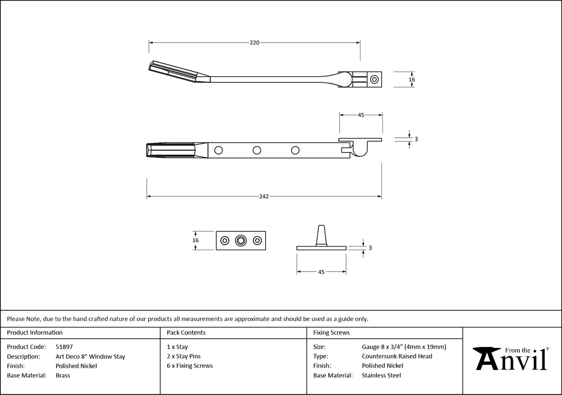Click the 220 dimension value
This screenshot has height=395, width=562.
[254, 43]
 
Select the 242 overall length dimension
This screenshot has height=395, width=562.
[263, 197]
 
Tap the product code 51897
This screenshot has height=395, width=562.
[64, 346]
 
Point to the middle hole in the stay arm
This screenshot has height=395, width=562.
[256, 150]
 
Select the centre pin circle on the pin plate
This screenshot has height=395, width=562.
[240, 241]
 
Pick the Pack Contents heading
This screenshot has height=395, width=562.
[186, 333]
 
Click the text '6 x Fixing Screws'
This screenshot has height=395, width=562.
[190, 366]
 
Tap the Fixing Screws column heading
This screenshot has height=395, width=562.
[331, 333]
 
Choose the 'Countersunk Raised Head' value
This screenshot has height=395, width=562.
[397, 356]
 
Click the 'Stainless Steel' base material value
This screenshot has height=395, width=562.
[381, 376]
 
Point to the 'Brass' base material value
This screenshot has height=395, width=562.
[63, 376]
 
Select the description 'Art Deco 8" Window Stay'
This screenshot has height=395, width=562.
[90, 357]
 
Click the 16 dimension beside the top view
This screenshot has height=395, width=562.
[412, 80]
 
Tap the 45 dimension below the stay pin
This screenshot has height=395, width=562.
[321, 272]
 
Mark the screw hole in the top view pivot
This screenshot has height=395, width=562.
[374, 80]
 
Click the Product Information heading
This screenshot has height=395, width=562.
[35, 333]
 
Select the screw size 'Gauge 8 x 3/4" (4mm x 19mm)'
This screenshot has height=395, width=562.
[404, 347]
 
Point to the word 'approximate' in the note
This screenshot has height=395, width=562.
[252, 319]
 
